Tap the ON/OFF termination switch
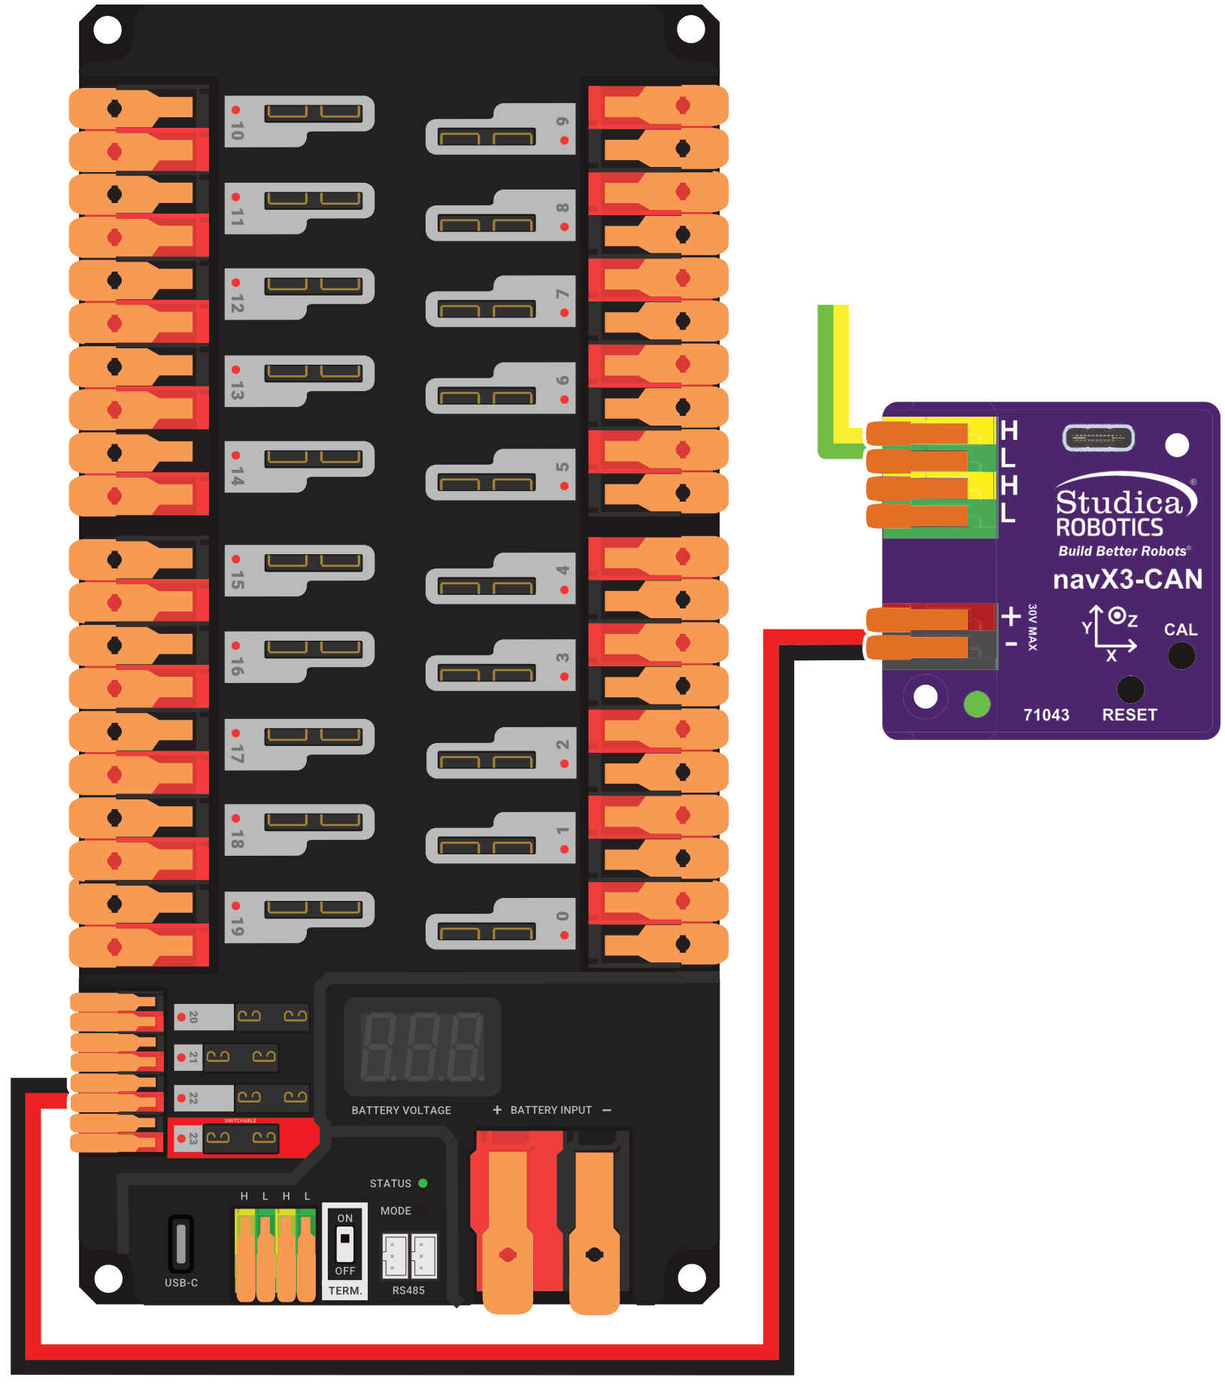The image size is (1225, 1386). pyautogui.click(x=344, y=1245)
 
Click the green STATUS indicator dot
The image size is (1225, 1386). pyautogui.click(x=423, y=1183)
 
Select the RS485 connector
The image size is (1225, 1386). pyautogui.click(x=409, y=1255)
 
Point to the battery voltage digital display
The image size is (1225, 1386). pyautogui.click(x=422, y=1046)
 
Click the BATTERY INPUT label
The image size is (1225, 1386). pyautogui.click(x=550, y=1110)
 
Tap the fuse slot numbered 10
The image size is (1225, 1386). pyautogui.click(x=299, y=120)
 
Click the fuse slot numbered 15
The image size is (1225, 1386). pyautogui.click(x=299, y=570)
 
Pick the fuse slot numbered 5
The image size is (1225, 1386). pyautogui.click(x=501, y=475)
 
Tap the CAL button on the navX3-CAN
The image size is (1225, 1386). pyautogui.click(x=1181, y=656)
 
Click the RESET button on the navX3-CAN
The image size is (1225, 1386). pyautogui.click(x=1130, y=689)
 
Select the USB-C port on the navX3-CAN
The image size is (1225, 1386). pyautogui.click(x=1098, y=438)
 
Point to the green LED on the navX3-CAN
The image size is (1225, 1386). pyautogui.click(x=977, y=704)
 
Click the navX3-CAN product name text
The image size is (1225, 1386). pyautogui.click(x=1127, y=579)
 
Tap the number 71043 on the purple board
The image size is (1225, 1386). pyautogui.click(x=1046, y=714)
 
